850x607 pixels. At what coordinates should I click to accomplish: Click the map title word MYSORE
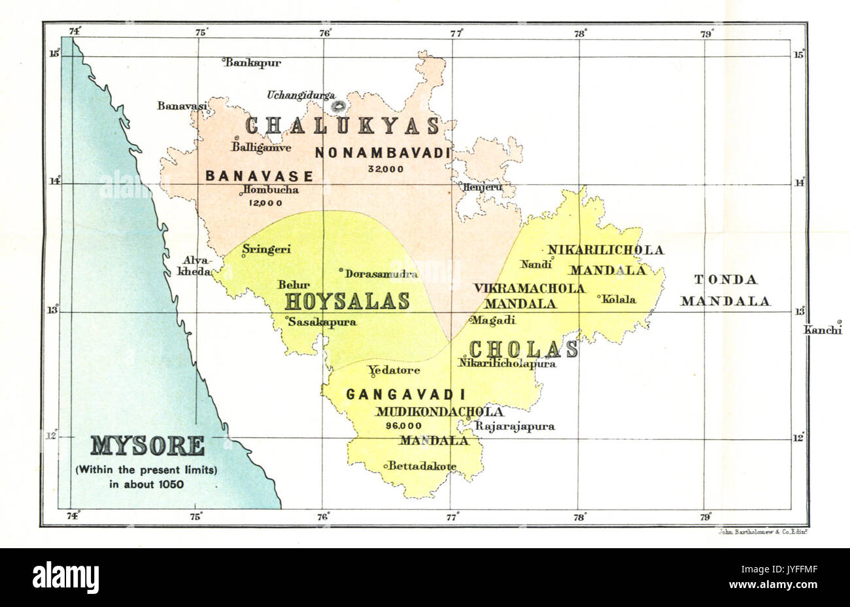point(147,446)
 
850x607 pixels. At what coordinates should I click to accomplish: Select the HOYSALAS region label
point(347,301)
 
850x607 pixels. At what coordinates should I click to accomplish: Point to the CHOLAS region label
point(524,350)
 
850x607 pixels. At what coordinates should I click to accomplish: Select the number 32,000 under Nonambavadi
point(386,169)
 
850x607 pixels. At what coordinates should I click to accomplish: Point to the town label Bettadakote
point(422,467)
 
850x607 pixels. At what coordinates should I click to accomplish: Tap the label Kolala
point(619,299)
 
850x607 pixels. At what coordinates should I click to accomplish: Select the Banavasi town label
point(182,106)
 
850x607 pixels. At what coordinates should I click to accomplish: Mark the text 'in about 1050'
point(147,484)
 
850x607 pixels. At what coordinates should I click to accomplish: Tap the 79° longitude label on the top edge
point(705,32)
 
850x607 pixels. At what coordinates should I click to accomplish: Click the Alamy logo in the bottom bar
point(65,577)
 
